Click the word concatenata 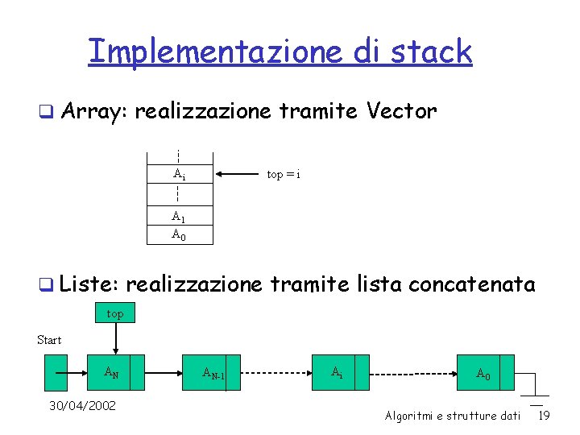472,284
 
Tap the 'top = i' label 284,174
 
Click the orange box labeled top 115,313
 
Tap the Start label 49,340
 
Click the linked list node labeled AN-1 213,373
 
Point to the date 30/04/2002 82,405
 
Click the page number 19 544,416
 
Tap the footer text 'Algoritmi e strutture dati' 453,416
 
